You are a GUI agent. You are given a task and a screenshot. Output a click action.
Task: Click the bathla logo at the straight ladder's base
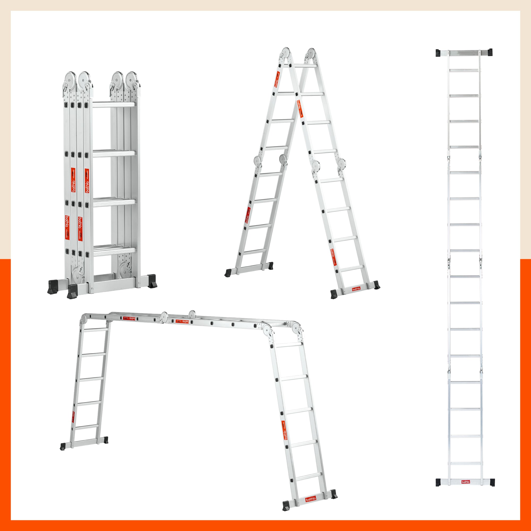tap(466, 490)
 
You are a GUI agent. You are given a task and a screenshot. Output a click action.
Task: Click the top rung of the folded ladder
tap(114, 105)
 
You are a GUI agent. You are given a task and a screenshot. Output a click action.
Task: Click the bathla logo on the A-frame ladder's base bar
tap(356, 289)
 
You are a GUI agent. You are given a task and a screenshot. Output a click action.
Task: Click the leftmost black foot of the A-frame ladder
tap(228, 273)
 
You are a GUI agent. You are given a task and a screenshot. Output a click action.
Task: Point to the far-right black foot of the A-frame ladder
tap(376, 285)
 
